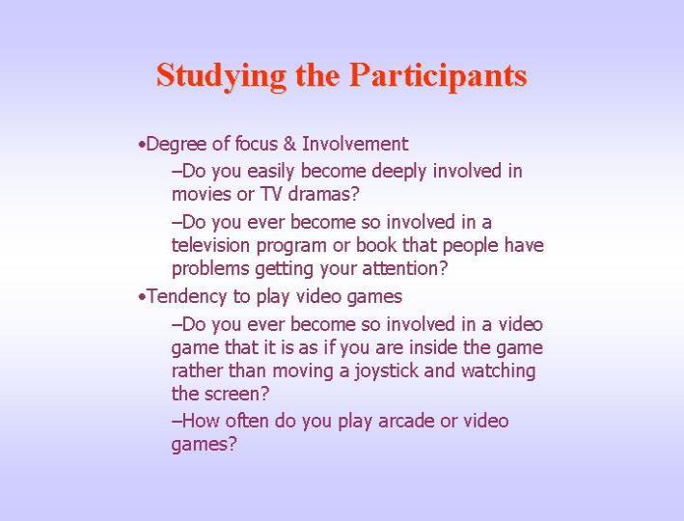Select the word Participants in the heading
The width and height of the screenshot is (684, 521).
click(x=438, y=76)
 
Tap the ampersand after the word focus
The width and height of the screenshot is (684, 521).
click(x=289, y=144)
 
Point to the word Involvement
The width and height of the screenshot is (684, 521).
click(x=355, y=144)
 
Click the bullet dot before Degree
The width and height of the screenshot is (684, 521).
click(x=141, y=145)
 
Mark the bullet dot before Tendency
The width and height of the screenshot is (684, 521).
click(x=141, y=297)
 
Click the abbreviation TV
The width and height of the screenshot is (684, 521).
click(x=271, y=194)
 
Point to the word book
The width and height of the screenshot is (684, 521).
click(x=375, y=245)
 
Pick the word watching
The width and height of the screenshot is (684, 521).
click(x=498, y=371)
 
